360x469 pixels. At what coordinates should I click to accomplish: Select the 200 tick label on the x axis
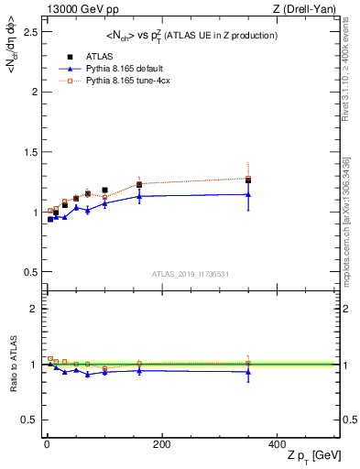point(161,444)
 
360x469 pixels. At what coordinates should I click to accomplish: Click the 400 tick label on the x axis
point(276,444)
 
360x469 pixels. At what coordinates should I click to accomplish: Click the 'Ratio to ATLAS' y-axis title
point(12,364)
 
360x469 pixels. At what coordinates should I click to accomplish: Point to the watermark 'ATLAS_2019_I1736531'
point(190,273)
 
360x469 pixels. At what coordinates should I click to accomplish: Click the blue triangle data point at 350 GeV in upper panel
point(248,194)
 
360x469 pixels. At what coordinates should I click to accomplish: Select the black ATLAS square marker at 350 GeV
point(248,180)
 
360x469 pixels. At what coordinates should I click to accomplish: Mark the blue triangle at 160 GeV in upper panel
point(139,196)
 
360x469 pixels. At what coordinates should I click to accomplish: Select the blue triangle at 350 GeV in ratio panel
point(248,372)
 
